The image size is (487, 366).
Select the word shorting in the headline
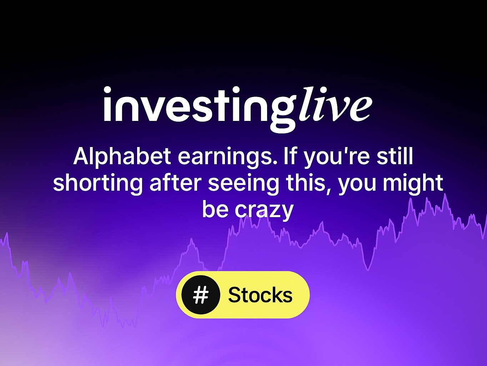click(x=97, y=183)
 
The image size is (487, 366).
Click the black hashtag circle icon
click(x=201, y=295)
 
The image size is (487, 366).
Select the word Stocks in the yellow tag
click(x=260, y=295)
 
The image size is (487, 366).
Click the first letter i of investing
click(x=108, y=104)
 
